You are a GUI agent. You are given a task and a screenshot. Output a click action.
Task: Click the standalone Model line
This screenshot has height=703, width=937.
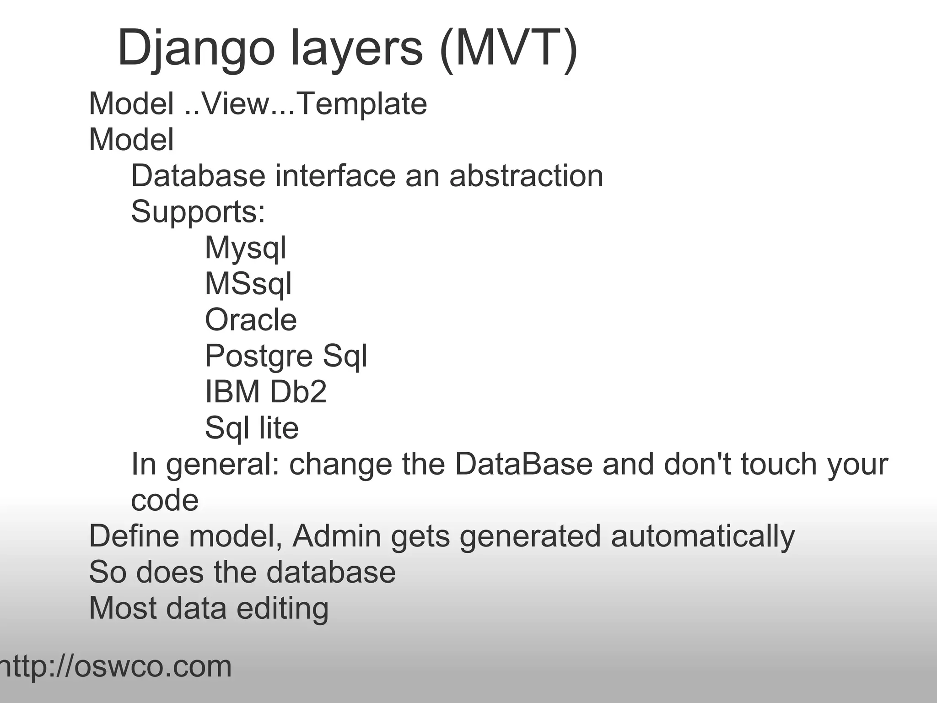pos(131,139)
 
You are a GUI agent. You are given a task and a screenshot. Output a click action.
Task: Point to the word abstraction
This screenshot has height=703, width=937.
pos(526,176)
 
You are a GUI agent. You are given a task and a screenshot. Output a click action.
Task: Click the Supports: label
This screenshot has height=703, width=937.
pos(198,211)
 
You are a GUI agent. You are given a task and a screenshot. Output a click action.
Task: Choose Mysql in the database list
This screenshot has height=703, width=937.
pos(245,248)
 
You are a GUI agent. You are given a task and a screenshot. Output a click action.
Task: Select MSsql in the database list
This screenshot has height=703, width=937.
pos(248,284)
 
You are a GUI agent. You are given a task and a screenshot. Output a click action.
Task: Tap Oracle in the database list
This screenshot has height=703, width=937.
pos(251,319)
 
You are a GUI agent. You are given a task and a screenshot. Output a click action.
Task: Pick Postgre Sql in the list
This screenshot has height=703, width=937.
pos(286,356)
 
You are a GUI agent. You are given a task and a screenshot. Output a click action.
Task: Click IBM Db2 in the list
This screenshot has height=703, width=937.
pos(266,392)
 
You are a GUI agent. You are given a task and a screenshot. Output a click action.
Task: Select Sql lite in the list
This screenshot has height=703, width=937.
pos(252,428)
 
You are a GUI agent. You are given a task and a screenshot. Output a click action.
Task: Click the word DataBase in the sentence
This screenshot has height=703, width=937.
pos(523,464)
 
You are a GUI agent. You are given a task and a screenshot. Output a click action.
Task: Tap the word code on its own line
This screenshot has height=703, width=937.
pos(165,500)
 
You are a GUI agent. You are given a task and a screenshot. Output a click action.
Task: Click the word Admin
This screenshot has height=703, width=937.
pos(336,536)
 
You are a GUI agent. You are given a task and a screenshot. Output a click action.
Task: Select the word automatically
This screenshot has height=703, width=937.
pos(703,536)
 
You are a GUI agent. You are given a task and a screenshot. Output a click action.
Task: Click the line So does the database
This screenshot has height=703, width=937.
pos(242,572)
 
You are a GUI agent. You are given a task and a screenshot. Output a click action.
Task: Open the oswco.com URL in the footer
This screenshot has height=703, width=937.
pos(114,666)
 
